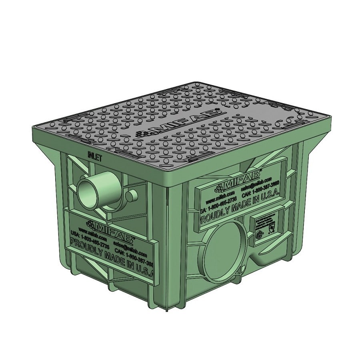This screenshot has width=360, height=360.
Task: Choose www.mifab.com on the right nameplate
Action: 218,198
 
